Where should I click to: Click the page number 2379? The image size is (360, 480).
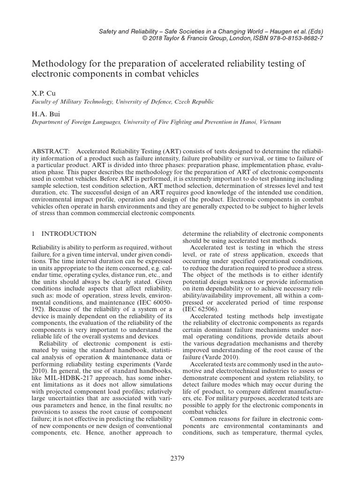(180, 458)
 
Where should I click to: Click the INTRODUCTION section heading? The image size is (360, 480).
(69, 233)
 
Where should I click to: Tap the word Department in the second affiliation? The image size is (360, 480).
(49, 122)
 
